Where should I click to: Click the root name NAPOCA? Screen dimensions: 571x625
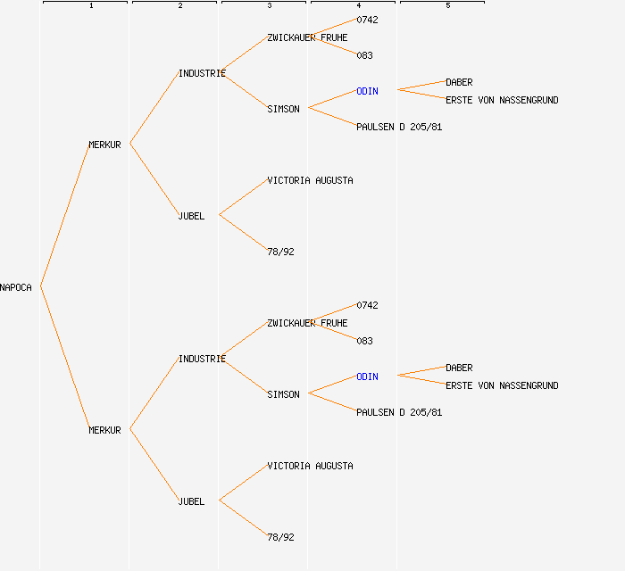coord(16,287)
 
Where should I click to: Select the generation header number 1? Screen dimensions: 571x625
coord(90,6)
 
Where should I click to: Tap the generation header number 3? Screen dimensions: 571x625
coord(269,6)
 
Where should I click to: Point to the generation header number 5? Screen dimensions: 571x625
coord(447,6)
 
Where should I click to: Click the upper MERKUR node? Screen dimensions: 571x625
coord(104,145)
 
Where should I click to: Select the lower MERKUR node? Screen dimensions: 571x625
coord(104,430)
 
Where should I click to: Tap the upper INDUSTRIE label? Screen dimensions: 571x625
coord(202,73)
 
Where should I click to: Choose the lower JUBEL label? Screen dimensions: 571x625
coord(191,501)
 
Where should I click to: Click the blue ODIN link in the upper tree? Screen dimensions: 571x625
coord(367,91)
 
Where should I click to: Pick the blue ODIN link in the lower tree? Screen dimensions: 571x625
coord(367,377)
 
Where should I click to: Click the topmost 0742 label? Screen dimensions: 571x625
coord(367,20)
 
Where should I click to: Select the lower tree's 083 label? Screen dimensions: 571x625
coord(364,341)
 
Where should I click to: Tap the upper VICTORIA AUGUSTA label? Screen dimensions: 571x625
coord(310,180)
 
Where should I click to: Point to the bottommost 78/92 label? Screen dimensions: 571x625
coord(280,537)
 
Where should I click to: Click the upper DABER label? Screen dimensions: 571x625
coord(459,82)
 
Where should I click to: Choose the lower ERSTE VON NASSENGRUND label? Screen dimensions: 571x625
coord(502,385)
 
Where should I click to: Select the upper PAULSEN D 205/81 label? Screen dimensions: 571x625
coord(399,127)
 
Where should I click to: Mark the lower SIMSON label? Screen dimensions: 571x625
coord(283,394)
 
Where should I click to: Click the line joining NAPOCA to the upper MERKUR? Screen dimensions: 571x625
coord(64,216)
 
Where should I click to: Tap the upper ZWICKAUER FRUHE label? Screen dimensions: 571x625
coord(307,37)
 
